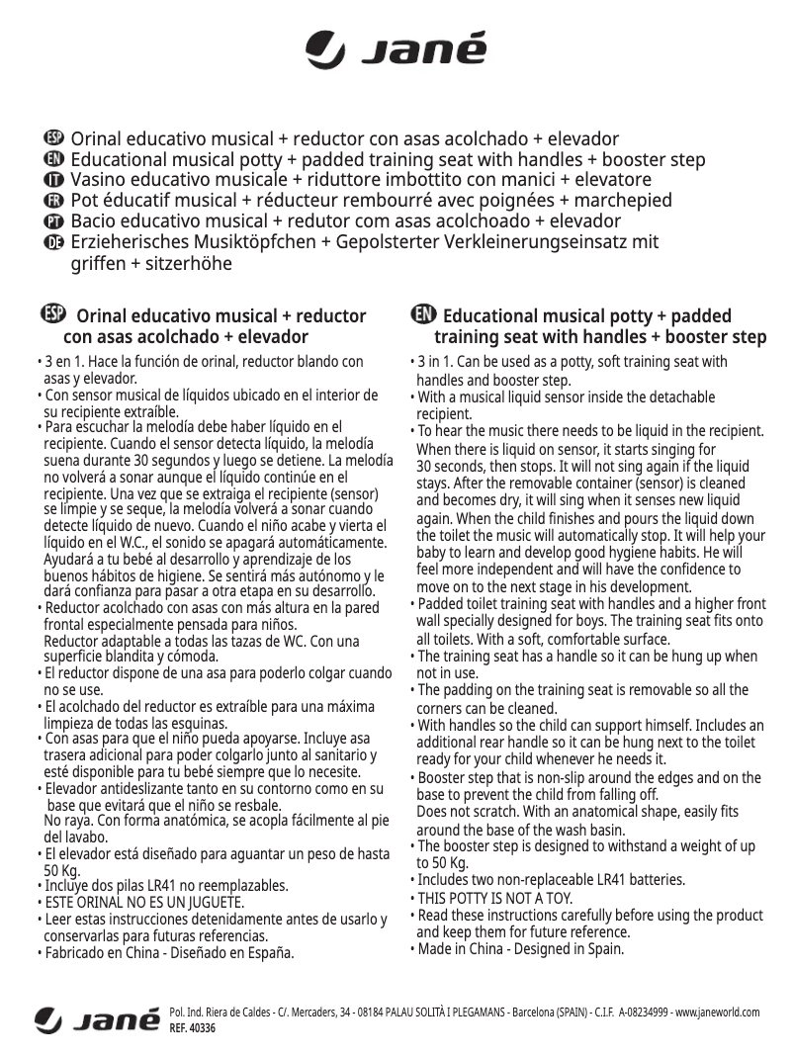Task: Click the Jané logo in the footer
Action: click(x=97, y=1018)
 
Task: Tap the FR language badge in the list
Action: click(x=54, y=201)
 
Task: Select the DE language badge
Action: click(x=54, y=243)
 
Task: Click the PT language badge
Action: click(x=54, y=221)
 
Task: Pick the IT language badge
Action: click(x=54, y=180)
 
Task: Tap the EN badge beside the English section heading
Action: click(x=422, y=313)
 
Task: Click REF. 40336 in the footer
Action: click(x=193, y=1028)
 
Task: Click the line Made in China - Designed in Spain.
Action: click(x=520, y=949)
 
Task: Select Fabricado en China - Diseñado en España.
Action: click(x=169, y=953)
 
